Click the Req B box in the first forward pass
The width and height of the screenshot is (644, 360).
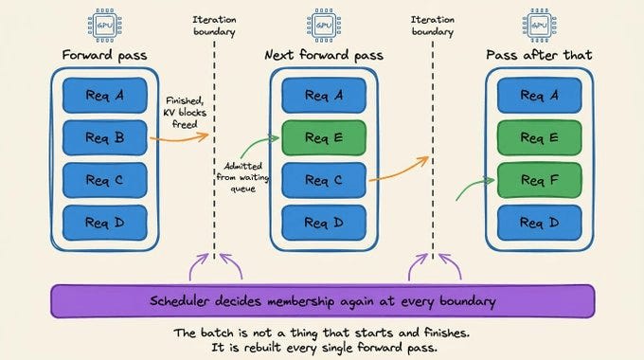click(x=105, y=137)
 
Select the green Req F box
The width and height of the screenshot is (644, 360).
click(x=539, y=180)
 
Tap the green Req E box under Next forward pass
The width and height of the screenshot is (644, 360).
click(x=324, y=137)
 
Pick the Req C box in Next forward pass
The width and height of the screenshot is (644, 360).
click(x=324, y=180)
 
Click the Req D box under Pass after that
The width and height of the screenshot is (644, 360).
click(x=539, y=223)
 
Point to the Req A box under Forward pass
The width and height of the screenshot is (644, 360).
click(x=105, y=96)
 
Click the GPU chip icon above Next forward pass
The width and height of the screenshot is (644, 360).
click(x=324, y=26)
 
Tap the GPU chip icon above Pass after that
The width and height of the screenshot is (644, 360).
click(x=539, y=26)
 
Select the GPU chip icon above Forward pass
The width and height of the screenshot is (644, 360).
click(x=105, y=26)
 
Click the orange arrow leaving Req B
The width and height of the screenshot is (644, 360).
click(x=179, y=139)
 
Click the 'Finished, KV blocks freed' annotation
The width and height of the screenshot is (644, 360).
click(x=185, y=112)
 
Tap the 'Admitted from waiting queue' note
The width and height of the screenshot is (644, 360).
click(x=242, y=177)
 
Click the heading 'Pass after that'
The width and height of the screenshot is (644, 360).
click(x=539, y=55)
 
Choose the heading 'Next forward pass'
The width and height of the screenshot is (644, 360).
click(x=324, y=55)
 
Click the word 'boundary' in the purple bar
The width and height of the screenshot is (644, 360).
click(x=468, y=301)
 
